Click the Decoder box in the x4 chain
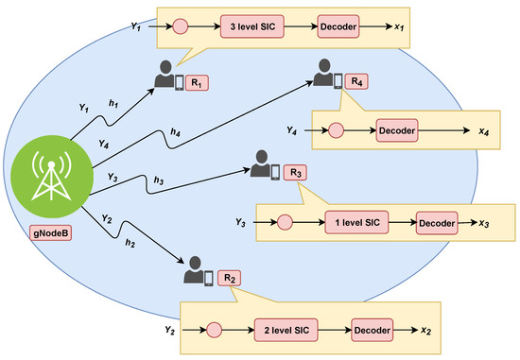pyautogui.click(x=398, y=129)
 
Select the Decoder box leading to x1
pyautogui.click(x=338, y=26)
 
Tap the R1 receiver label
pyautogui.click(x=197, y=82)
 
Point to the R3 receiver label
pyautogui.click(x=295, y=172)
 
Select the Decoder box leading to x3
pyautogui.click(x=436, y=225)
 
